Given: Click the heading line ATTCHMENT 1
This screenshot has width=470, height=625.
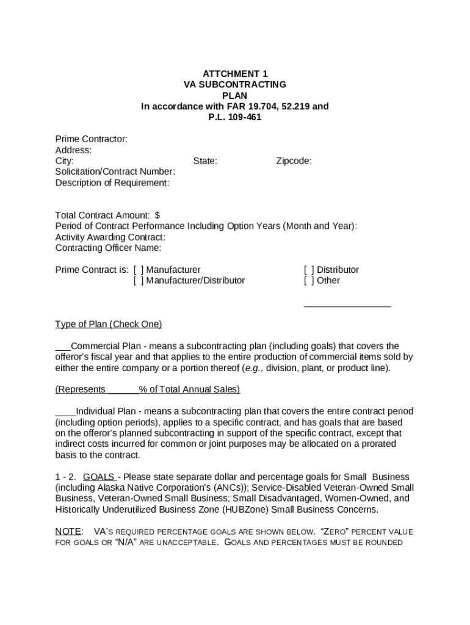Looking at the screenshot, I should pyautogui.click(x=235, y=73).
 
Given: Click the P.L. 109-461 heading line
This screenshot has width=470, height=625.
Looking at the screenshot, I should pyautogui.click(x=235, y=117).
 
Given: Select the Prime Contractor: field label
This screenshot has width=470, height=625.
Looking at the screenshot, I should pyautogui.click(x=92, y=139).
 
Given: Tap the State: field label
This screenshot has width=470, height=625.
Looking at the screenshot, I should pyautogui.click(x=205, y=161).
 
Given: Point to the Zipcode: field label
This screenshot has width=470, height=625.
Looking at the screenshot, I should pyautogui.click(x=294, y=161).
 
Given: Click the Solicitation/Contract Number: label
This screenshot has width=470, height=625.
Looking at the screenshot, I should pyautogui.click(x=115, y=172).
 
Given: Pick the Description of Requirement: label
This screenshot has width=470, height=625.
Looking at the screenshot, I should pyautogui.click(x=112, y=183).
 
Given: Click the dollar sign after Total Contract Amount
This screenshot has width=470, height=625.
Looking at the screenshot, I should pyautogui.click(x=157, y=215).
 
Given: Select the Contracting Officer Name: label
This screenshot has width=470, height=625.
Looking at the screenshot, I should pyautogui.click(x=109, y=248).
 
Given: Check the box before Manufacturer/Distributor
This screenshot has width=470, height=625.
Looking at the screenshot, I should pyautogui.click(x=139, y=281).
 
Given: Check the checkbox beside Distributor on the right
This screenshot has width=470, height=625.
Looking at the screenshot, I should pyautogui.click(x=309, y=270).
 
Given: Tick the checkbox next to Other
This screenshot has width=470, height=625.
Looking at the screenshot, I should pyautogui.click(x=309, y=281).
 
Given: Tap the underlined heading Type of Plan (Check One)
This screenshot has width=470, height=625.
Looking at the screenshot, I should pyautogui.click(x=109, y=324).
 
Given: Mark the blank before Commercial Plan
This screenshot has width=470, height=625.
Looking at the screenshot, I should pyautogui.click(x=63, y=347).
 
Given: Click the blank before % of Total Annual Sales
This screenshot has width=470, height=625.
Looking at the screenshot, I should pyautogui.click(x=123, y=390).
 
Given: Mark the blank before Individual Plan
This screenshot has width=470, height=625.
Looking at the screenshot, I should pyautogui.click(x=65, y=411).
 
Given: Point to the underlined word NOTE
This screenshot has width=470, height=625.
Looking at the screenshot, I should pyautogui.click(x=68, y=531).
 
